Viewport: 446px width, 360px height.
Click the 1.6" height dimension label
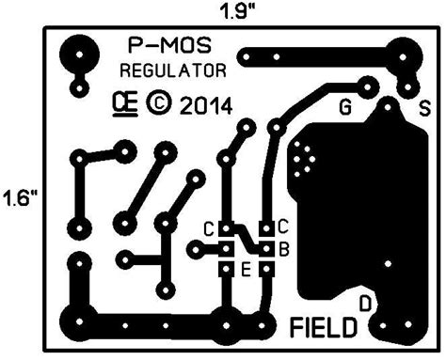[19, 198]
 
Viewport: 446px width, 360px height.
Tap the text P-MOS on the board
[170, 45]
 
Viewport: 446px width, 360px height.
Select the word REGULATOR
[173, 71]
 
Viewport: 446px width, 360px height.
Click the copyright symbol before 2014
[158, 101]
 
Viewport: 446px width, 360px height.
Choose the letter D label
[368, 302]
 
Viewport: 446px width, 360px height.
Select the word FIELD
[324, 328]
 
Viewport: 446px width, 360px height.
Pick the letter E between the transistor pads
[246, 271]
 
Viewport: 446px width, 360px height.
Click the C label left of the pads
[209, 228]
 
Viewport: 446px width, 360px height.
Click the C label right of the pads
[282, 227]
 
